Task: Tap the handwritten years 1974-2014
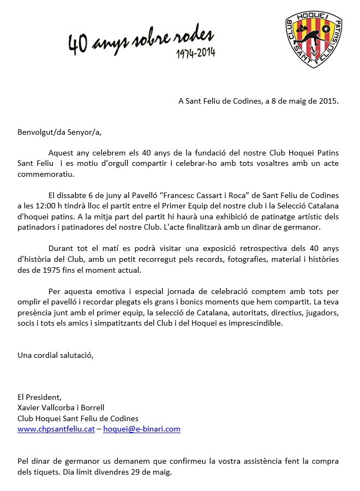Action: (x=195, y=53)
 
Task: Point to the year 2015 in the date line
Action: (x=328, y=101)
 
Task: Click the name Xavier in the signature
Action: (x=29, y=407)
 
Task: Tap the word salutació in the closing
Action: (x=76, y=355)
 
